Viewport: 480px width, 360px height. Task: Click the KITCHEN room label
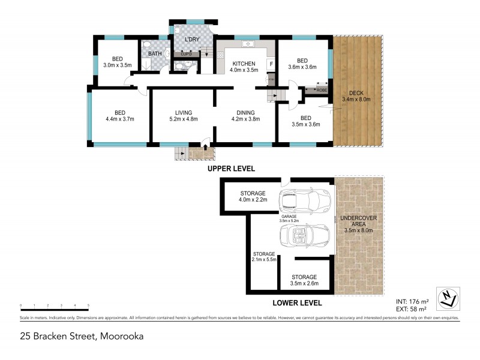point(244,64)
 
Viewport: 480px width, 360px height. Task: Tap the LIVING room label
point(183,112)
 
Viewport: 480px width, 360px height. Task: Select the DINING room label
point(245,112)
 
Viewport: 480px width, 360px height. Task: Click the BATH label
point(155,54)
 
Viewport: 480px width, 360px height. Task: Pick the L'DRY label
point(192,40)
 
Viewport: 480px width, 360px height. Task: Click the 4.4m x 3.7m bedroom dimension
point(120,119)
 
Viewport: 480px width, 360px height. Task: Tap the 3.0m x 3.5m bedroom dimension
point(117,65)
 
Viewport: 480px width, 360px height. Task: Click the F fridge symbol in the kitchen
point(271,64)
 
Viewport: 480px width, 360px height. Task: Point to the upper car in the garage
point(305,201)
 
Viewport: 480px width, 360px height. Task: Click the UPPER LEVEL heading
point(232,169)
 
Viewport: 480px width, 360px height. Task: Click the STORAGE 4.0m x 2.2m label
point(253,196)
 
